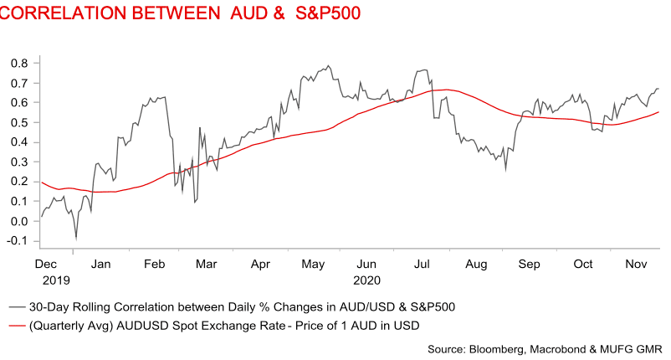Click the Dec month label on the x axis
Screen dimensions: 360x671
click(46, 264)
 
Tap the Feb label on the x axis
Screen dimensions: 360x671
click(153, 264)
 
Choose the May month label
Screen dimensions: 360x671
click(314, 264)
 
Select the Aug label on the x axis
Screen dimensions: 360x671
click(475, 264)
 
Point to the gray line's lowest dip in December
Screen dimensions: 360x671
click(76, 239)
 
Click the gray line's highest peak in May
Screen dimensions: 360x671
click(328, 65)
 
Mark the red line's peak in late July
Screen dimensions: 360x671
click(448, 90)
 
